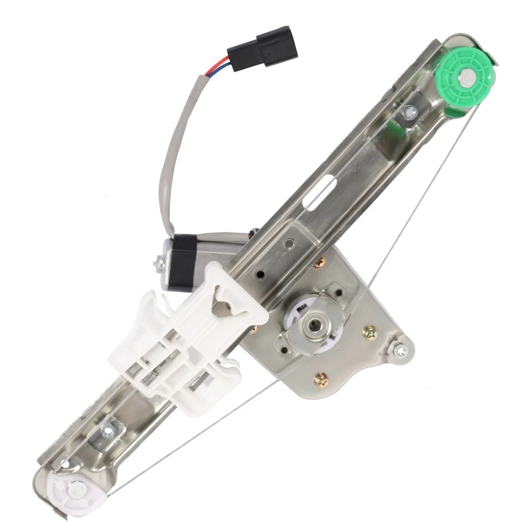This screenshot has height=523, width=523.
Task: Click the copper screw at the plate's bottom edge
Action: pyautogui.click(x=321, y=378)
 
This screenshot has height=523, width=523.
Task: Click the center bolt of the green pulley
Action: pyautogui.click(x=466, y=77)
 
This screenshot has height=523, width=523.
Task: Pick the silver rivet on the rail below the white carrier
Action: pyautogui.click(x=109, y=431)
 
